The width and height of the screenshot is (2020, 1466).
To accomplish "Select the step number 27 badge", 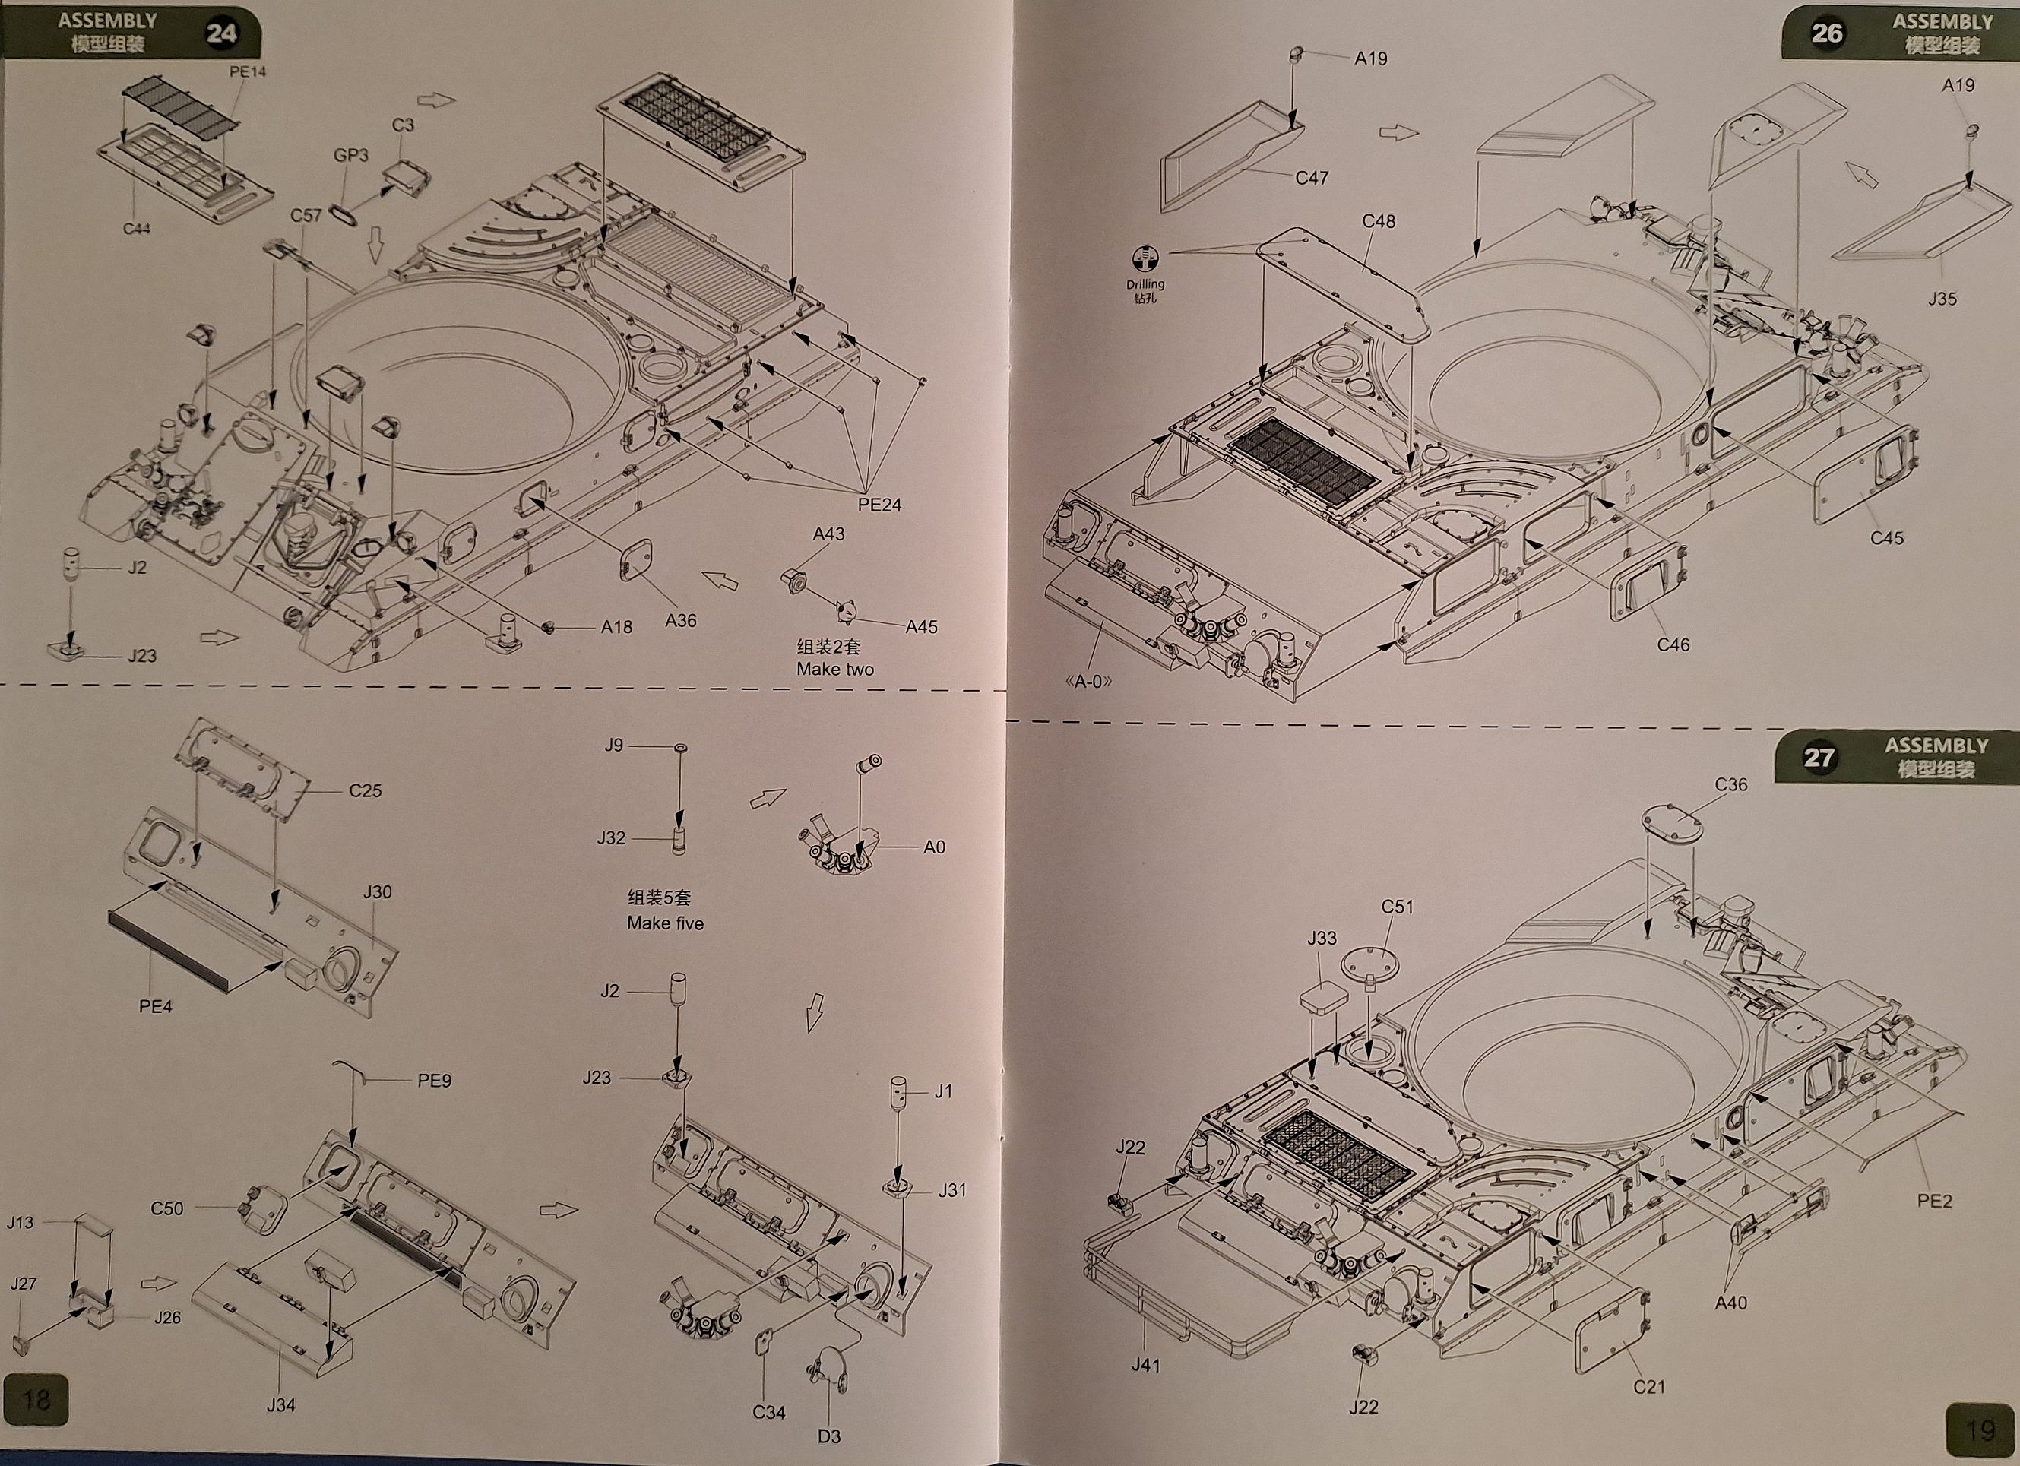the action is [1819, 758].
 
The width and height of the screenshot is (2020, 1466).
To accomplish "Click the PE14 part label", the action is [248, 71].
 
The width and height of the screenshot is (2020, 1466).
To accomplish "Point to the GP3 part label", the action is [351, 155].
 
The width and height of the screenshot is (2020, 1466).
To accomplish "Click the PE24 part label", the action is [879, 505].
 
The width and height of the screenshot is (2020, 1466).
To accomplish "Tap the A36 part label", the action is [680, 621].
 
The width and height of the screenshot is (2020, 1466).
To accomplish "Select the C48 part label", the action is [1378, 221].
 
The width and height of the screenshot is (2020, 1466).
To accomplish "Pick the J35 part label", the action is [1942, 299].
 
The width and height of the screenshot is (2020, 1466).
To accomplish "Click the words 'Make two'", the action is [834, 669].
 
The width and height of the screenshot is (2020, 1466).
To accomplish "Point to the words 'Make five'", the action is [664, 923].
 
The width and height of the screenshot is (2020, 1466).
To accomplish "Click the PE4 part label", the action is [155, 1006].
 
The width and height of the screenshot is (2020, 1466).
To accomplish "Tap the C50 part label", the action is [166, 1208].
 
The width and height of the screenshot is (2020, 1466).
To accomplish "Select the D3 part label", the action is [828, 1436].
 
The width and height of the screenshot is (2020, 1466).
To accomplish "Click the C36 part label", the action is [1730, 784].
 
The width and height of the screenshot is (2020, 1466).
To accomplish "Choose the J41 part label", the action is [1145, 1366].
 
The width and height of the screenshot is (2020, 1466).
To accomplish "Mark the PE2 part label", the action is [1933, 1202].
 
